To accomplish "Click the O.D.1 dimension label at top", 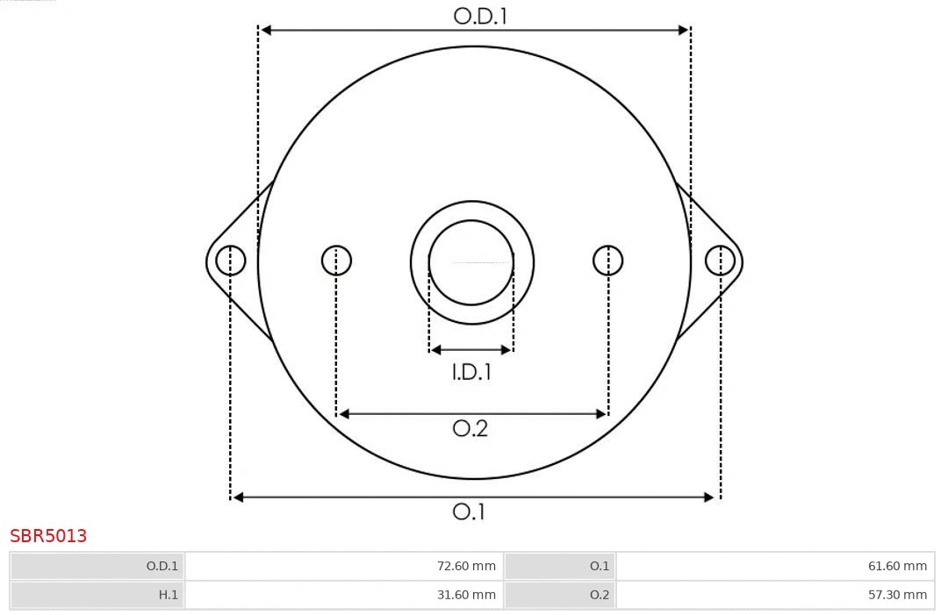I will (x=480, y=16).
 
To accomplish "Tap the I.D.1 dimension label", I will (x=471, y=372).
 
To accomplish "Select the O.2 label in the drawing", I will (x=470, y=428).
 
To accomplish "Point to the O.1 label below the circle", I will (x=469, y=511).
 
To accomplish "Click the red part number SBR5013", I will (x=48, y=536).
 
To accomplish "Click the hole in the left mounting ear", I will (x=231, y=261).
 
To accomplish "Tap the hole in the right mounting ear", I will (x=720, y=261).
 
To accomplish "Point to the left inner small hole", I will (x=336, y=261).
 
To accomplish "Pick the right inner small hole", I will (x=608, y=261).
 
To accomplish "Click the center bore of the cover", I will (x=471, y=262).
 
